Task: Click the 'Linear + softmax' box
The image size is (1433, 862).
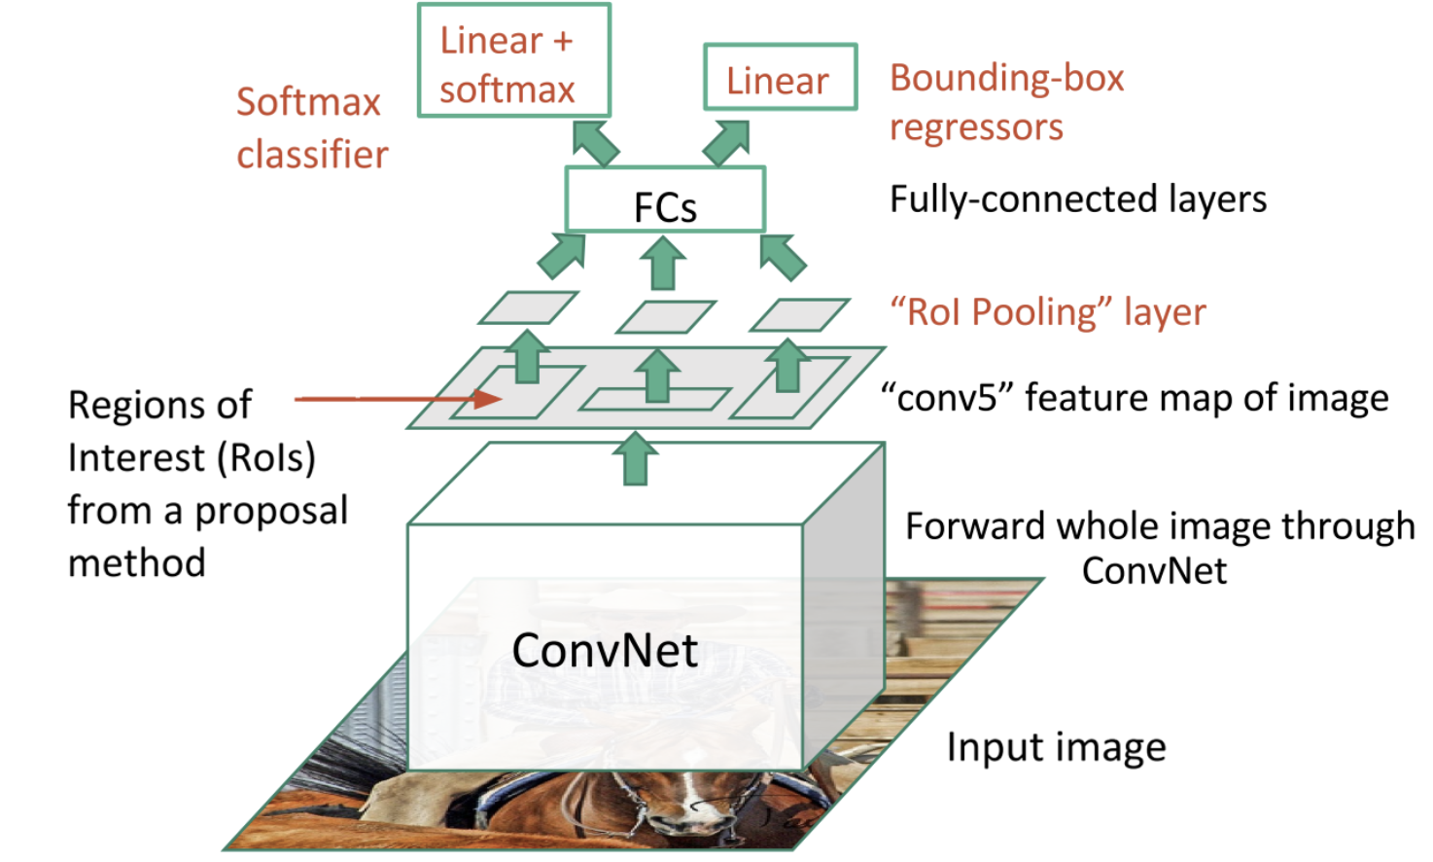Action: (513, 61)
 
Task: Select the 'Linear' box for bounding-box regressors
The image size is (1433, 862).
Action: (780, 78)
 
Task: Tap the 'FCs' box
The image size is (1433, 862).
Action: (665, 200)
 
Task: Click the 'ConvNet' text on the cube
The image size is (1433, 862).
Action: (605, 650)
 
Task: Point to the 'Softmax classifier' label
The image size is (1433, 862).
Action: (311, 127)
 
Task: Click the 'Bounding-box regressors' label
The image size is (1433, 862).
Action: (1005, 102)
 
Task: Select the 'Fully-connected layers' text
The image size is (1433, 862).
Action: (1077, 199)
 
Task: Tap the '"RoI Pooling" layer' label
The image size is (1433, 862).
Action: (1047, 312)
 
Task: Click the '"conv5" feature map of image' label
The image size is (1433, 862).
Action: (1134, 398)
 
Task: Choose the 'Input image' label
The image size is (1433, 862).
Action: (1056, 747)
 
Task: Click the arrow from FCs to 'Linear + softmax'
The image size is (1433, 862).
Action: (595, 143)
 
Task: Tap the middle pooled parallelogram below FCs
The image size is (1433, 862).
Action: (666, 316)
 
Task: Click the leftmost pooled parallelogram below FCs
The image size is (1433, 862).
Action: (528, 308)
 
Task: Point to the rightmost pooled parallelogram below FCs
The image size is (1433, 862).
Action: (799, 315)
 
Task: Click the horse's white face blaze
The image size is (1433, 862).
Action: (692, 798)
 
